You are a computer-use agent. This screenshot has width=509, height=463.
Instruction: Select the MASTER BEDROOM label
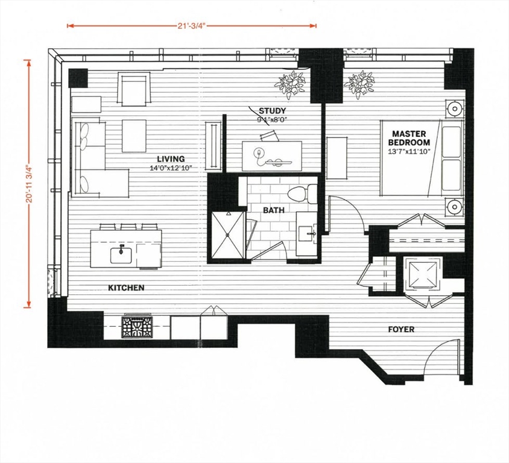pos(409,137)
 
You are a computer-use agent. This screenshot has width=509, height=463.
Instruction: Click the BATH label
pos(273,210)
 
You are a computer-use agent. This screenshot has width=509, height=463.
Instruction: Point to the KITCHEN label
pos(126,288)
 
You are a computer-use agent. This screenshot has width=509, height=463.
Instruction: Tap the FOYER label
pos(401,329)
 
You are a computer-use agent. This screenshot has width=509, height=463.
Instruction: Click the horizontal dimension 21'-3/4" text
pos(192,26)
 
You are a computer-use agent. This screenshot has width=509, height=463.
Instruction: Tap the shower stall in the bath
pos(229,235)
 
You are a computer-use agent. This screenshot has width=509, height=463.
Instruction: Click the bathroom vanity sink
pos(307,232)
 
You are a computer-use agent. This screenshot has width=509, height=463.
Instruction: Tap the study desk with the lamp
pos(272,156)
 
